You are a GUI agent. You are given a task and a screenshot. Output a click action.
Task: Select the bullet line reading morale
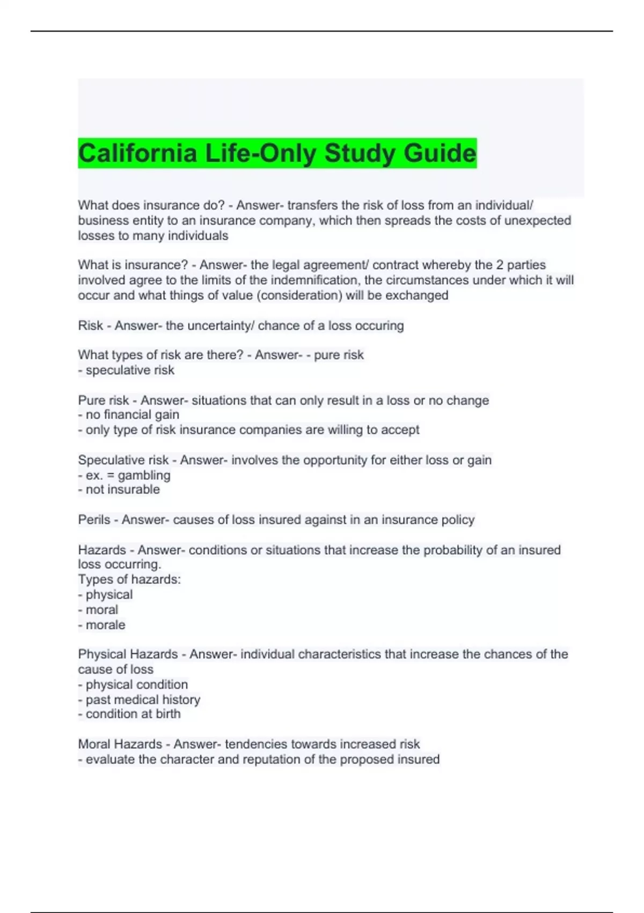(x=102, y=625)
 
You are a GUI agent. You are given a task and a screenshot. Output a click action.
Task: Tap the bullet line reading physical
(x=106, y=595)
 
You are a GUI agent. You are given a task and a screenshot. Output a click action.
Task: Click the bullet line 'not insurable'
(x=119, y=490)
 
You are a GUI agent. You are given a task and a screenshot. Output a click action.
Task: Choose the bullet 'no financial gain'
(x=129, y=415)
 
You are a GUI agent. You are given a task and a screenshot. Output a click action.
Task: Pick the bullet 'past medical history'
(x=140, y=700)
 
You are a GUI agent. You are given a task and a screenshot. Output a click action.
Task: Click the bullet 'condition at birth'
(x=129, y=714)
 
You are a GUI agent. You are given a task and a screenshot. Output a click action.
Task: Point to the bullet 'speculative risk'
(x=127, y=371)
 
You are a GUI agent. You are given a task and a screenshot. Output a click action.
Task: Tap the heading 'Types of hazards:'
(x=129, y=579)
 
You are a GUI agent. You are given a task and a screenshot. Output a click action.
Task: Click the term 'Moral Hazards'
(x=120, y=744)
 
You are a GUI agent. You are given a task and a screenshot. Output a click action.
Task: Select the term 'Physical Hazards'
(x=128, y=654)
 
